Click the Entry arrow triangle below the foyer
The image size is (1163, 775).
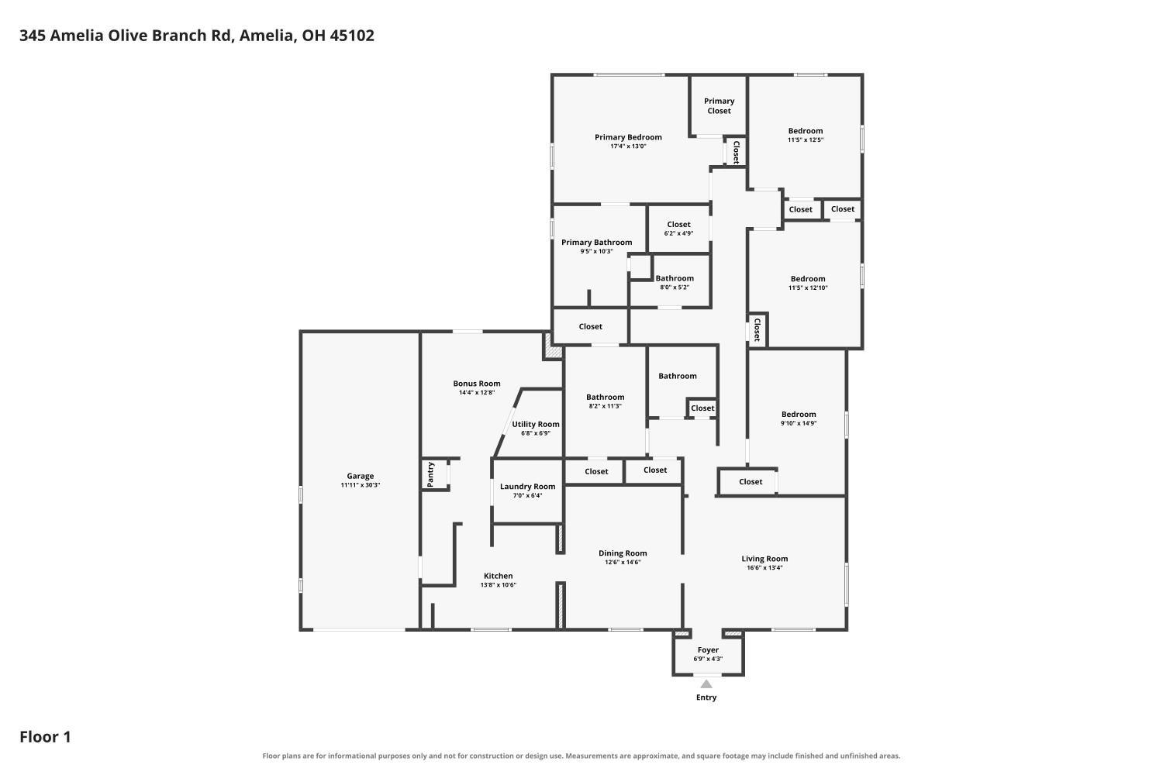pyautogui.click(x=706, y=684)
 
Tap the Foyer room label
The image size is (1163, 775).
pyautogui.click(x=708, y=650)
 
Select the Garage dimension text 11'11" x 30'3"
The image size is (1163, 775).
pyautogui.click(x=361, y=485)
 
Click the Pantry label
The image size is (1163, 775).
pyautogui.click(x=430, y=474)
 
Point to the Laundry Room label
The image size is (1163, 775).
pyautogui.click(x=527, y=487)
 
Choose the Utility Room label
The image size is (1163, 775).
pyautogui.click(x=536, y=424)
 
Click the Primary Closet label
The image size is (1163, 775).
pyautogui.click(x=719, y=106)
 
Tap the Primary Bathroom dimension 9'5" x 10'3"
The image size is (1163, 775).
pyautogui.click(x=596, y=251)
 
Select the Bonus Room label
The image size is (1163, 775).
pyautogui.click(x=477, y=384)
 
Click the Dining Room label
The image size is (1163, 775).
pyautogui.click(x=623, y=553)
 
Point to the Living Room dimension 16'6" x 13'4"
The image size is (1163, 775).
pyautogui.click(x=764, y=567)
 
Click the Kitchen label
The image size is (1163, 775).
pyautogui.click(x=499, y=576)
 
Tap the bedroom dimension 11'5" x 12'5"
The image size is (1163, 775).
pyautogui.click(x=806, y=139)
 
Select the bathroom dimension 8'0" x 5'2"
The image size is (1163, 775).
pyautogui.click(x=675, y=287)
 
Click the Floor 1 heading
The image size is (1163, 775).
pyautogui.click(x=45, y=737)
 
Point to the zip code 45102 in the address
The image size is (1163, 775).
pyautogui.click(x=352, y=36)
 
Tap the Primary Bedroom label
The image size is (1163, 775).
pyautogui.click(x=628, y=137)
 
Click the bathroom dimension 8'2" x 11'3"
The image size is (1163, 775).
pyautogui.click(x=606, y=406)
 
